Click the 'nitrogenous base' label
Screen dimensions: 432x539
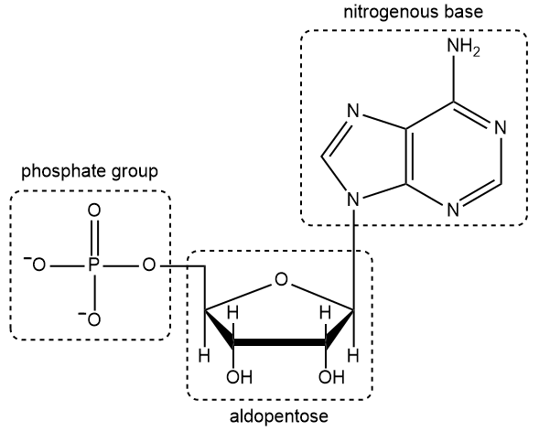pos(413,14)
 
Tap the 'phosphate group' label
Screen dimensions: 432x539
pos(91,171)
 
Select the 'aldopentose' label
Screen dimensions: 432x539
pos(278,416)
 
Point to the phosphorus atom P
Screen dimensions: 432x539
pos(92,266)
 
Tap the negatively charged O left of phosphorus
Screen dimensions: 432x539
pos(38,266)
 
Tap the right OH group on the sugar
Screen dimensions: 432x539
pos(327,376)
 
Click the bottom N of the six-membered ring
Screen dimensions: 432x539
pos(452,209)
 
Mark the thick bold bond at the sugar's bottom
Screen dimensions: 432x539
pos(281,343)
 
